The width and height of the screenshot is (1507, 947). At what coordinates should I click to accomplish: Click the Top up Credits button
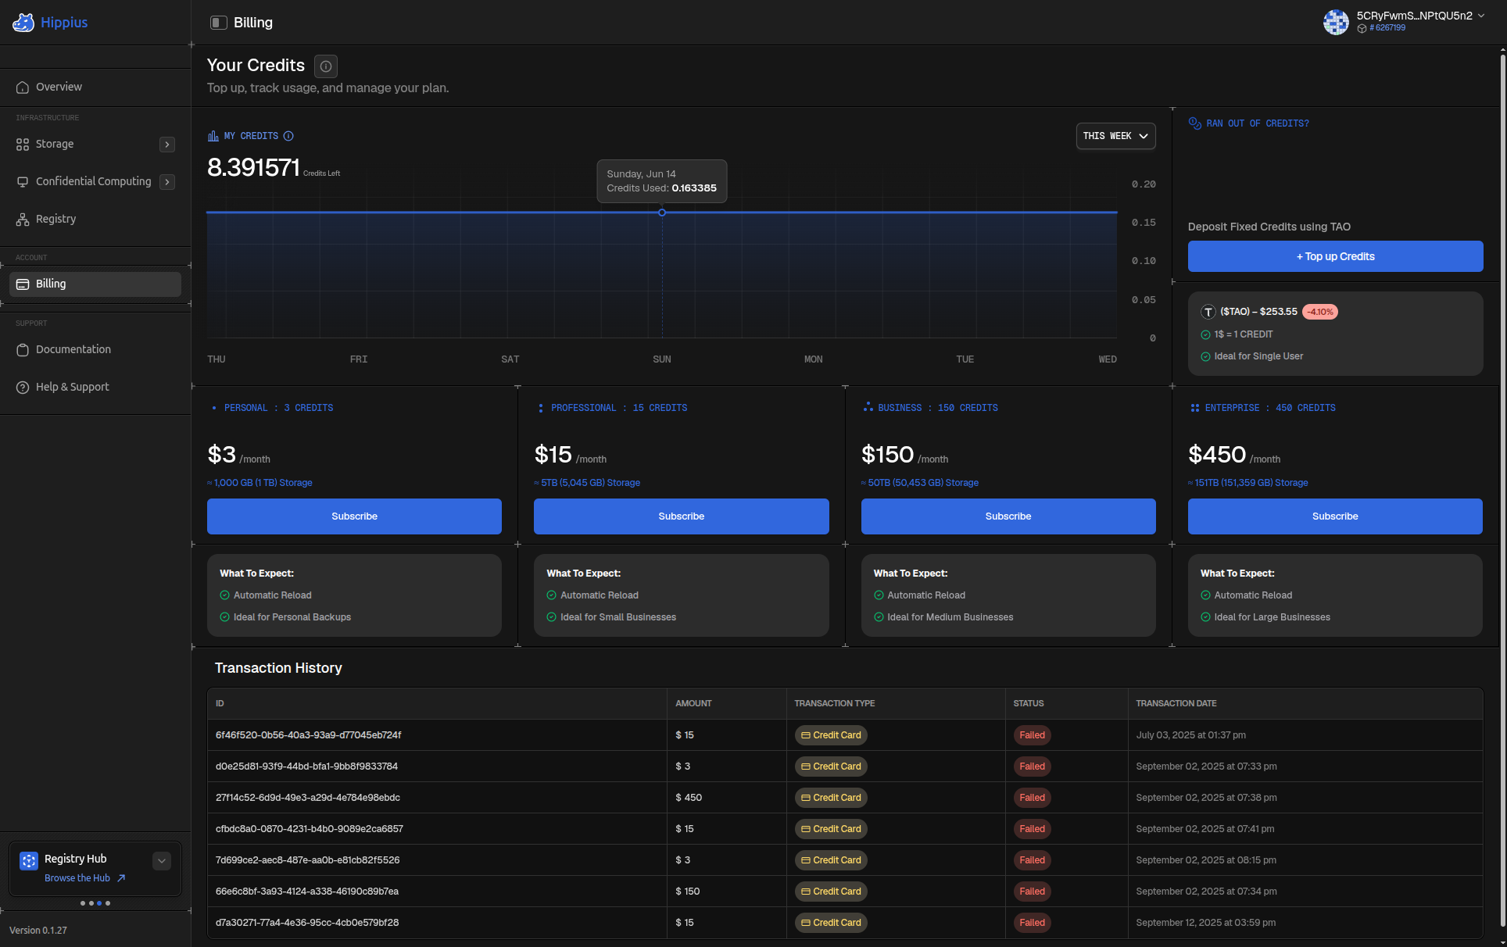[x=1335, y=256]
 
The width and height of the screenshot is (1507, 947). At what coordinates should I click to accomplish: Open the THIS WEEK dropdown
[x=1115, y=136]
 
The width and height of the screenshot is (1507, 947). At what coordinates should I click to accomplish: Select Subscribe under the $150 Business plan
[x=1008, y=516]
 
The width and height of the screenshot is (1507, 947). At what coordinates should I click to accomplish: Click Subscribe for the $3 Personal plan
[x=354, y=516]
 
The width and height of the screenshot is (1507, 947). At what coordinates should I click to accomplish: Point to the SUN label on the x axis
[x=661, y=359]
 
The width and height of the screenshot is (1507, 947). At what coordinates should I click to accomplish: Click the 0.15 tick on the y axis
[x=1144, y=223]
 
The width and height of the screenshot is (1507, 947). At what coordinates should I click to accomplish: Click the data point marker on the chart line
[x=662, y=213]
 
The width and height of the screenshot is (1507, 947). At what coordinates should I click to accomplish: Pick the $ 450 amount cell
[x=689, y=798]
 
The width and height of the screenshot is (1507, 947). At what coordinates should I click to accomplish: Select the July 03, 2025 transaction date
[x=1191, y=735]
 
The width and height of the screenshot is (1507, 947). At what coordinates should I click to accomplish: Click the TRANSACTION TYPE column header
[x=835, y=703]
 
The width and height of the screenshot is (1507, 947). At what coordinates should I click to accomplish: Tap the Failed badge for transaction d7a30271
[x=1032, y=923]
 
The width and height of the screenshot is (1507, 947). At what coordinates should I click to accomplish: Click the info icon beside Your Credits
[x=326, y=66]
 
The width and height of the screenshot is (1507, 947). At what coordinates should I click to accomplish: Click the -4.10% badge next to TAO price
[x=1320, y=312]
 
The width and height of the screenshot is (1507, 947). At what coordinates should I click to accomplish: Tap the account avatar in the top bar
[x=1336, y=22]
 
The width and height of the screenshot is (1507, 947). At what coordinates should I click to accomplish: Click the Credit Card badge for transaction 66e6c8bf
[x=831, y=892]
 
